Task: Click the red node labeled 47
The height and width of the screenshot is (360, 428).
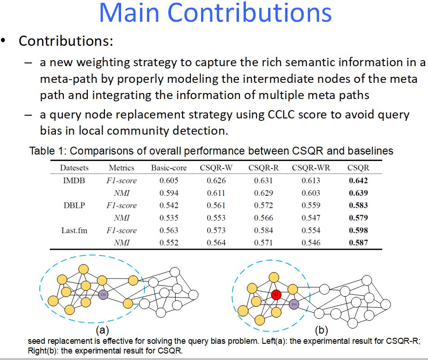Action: pyautogui.click(x=276, y=295)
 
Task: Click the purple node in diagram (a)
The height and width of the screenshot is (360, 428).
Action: pyautogui.click(x=103, y=294)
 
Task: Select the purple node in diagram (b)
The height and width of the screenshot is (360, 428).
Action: pyautogui.click(x=293, y=304)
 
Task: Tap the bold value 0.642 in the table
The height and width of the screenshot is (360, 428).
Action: pyautogui.click(x=358, y=180)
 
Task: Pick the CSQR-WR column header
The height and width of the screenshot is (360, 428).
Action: pyautogui.click(x=311, y=168)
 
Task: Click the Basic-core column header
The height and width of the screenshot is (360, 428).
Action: pyautogui.click(x=169, y=168)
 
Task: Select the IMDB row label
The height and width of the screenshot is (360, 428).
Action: pyautogui.click(x=74, y=180)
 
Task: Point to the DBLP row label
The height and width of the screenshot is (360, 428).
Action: pyautogui.click(x=74, y=205)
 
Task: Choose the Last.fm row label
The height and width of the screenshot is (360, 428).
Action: pyautogui.click(x=74, y=230)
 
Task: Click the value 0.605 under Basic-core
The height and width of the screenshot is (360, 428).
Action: pyautogui.click(x=169, y=180)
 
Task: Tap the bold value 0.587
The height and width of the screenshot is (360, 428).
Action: pyautogui.click(x=358, y=242)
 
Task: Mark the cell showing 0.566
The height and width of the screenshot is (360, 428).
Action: pyautogui.click(x=263, y=218)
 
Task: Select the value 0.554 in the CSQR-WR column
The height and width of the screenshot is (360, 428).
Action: pyautogui.click(x=311, y=230)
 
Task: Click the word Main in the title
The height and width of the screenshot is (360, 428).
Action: pyautogui.click(x=129, y=12)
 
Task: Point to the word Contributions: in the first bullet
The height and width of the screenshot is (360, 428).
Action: pyautogui.click(x=66, y=41)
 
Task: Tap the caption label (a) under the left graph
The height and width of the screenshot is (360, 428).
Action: pyautogui.click(x=102, y=330)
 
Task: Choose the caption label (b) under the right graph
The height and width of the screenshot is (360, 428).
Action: pyautogui.click(x=321, y=330)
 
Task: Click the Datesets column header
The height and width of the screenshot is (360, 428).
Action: pyautogui.click(x=74, y=168)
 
